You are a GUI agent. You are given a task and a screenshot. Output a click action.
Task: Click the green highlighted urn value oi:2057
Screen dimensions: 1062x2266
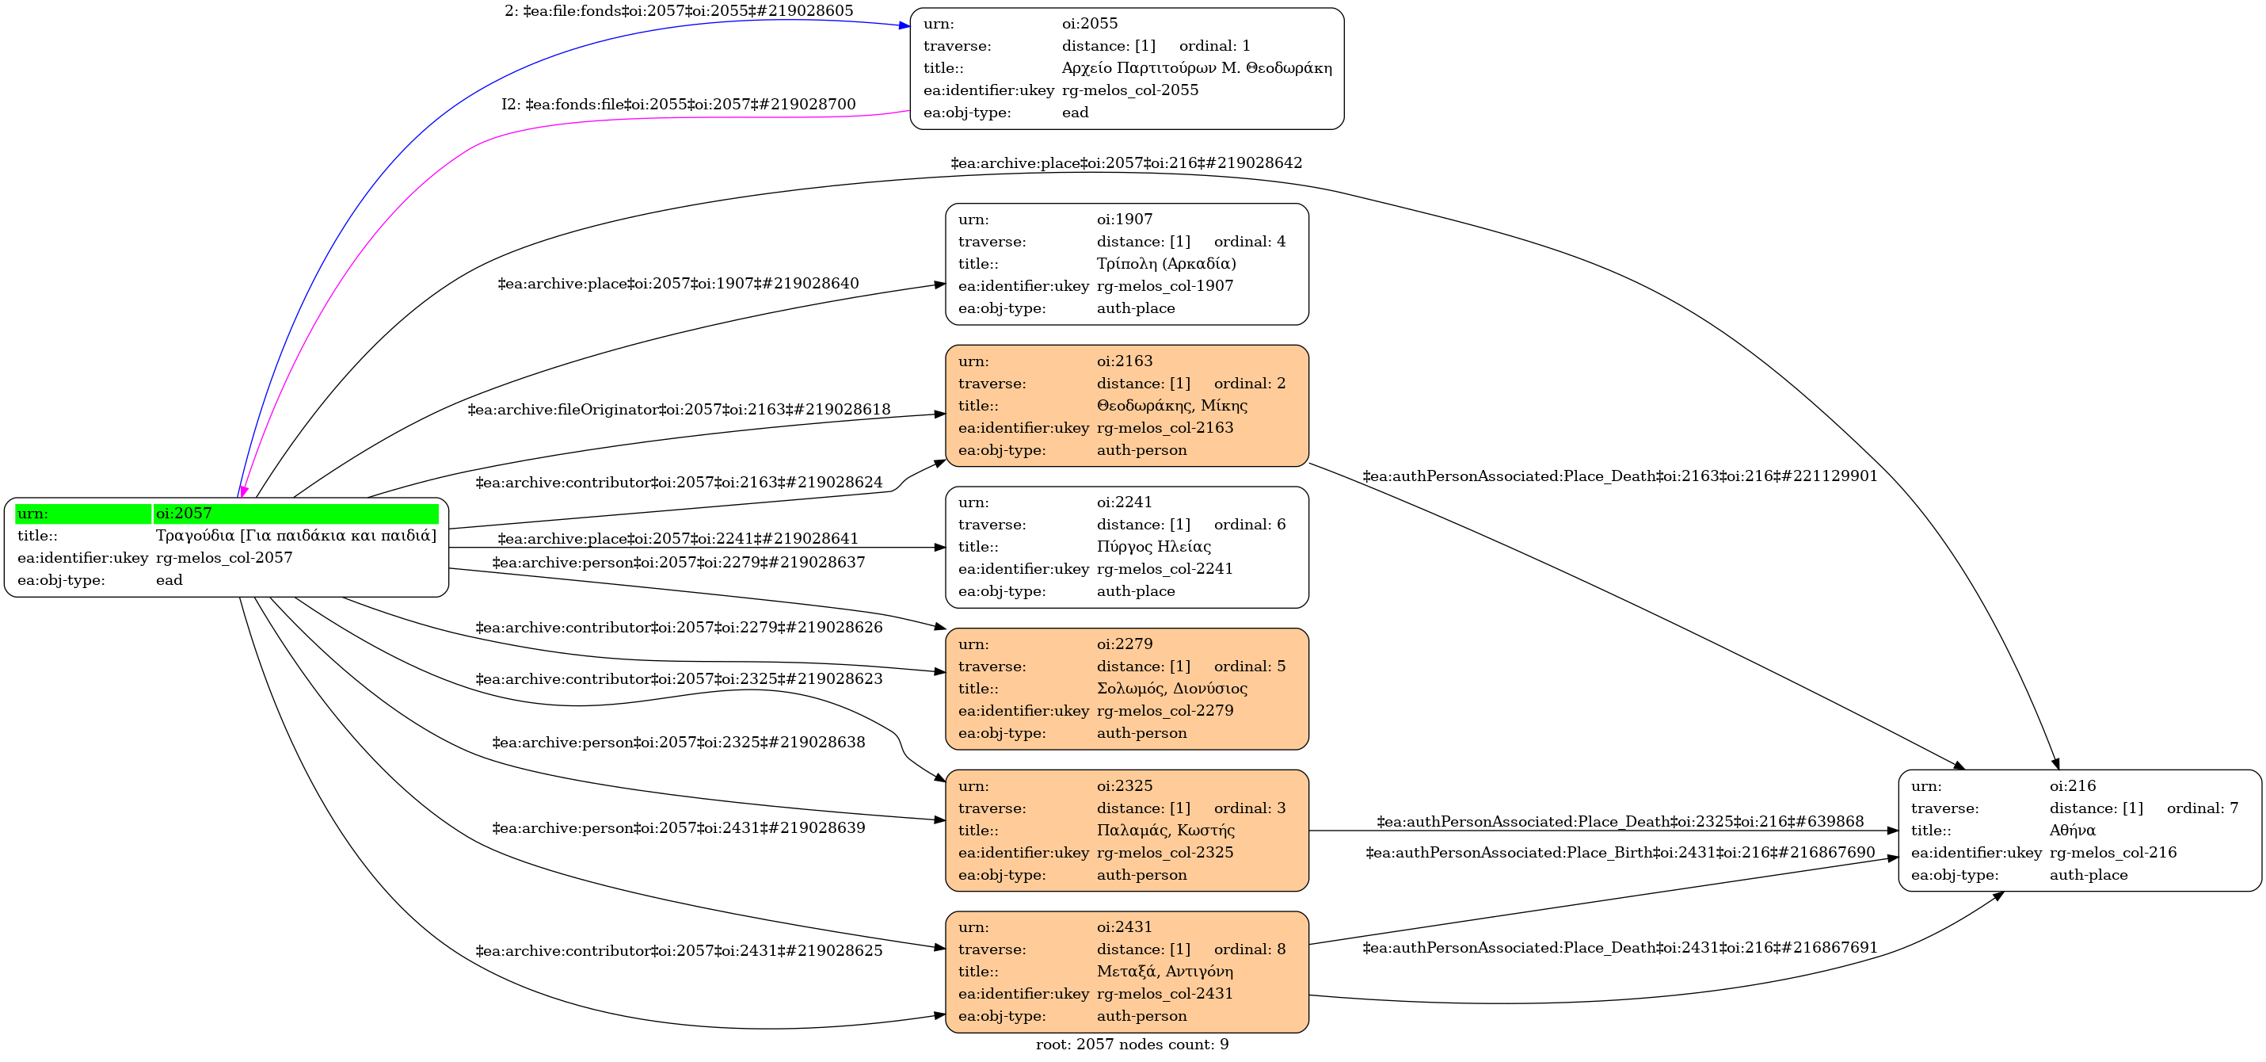point(184,514)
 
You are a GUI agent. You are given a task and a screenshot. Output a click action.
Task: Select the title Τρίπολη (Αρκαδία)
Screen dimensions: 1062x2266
point(1166,264)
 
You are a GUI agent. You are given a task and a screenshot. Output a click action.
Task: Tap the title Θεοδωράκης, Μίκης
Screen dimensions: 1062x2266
point(1171,406)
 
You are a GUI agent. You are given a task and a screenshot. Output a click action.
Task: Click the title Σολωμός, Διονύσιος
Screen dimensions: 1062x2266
point(1171,689)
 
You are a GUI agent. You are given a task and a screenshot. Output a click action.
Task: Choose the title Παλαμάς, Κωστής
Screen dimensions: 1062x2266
point(1166,831)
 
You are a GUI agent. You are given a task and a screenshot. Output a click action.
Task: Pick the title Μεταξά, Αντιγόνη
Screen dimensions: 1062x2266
point(1164,972)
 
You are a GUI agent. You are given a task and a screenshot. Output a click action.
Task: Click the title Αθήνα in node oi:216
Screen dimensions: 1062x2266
point(2073,831)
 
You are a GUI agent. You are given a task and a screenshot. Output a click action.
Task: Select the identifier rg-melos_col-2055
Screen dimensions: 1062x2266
point(1129,90)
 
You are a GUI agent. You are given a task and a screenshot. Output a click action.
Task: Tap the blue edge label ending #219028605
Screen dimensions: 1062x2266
point(678,11)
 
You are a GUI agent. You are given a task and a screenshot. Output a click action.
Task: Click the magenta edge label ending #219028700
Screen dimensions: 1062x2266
point(678,105)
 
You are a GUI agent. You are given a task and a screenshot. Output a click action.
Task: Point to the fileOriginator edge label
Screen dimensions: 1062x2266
point(678,410)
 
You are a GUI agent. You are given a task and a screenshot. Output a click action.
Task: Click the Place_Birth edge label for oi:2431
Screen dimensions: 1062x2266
point(1620,853)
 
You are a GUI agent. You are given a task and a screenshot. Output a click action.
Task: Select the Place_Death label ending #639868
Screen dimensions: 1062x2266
point(1620,822)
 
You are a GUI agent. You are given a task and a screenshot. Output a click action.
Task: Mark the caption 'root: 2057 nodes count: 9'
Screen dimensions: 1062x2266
point(1132,1045)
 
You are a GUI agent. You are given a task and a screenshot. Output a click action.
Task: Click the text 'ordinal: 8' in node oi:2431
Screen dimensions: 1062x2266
point(1249,949)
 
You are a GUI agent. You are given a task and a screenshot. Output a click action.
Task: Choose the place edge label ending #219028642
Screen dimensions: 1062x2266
point(1126,163)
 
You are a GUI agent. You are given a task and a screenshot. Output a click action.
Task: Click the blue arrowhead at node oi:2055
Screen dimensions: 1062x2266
point(904,25)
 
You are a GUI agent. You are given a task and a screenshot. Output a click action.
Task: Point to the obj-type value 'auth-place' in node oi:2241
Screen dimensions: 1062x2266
point(1136,591)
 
